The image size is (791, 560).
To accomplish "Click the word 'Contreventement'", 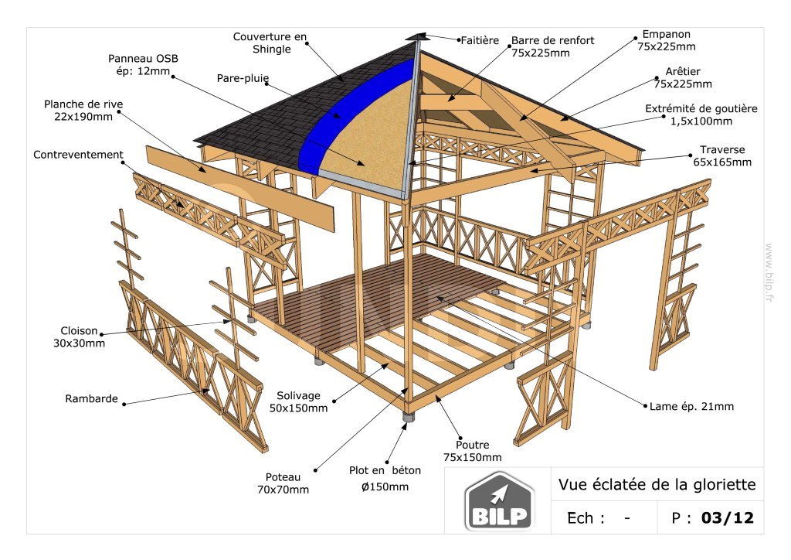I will click(x=78, y=155).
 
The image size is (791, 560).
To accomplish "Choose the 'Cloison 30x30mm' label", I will click(x=80, y=336).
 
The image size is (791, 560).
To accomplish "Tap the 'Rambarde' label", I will click(x=91, y=399).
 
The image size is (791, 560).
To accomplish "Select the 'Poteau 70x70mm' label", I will click(x=283, y=483).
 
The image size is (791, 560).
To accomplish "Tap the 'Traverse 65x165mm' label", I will click(x=721, y=155).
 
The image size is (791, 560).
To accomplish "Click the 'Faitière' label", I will click(x=480, y=39).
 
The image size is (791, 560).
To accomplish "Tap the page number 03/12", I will click(x=727, y=517).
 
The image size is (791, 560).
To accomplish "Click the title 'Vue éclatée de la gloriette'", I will click(x=657, y=485).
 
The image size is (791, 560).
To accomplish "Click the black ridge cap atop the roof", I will click(x=417, y=36).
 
